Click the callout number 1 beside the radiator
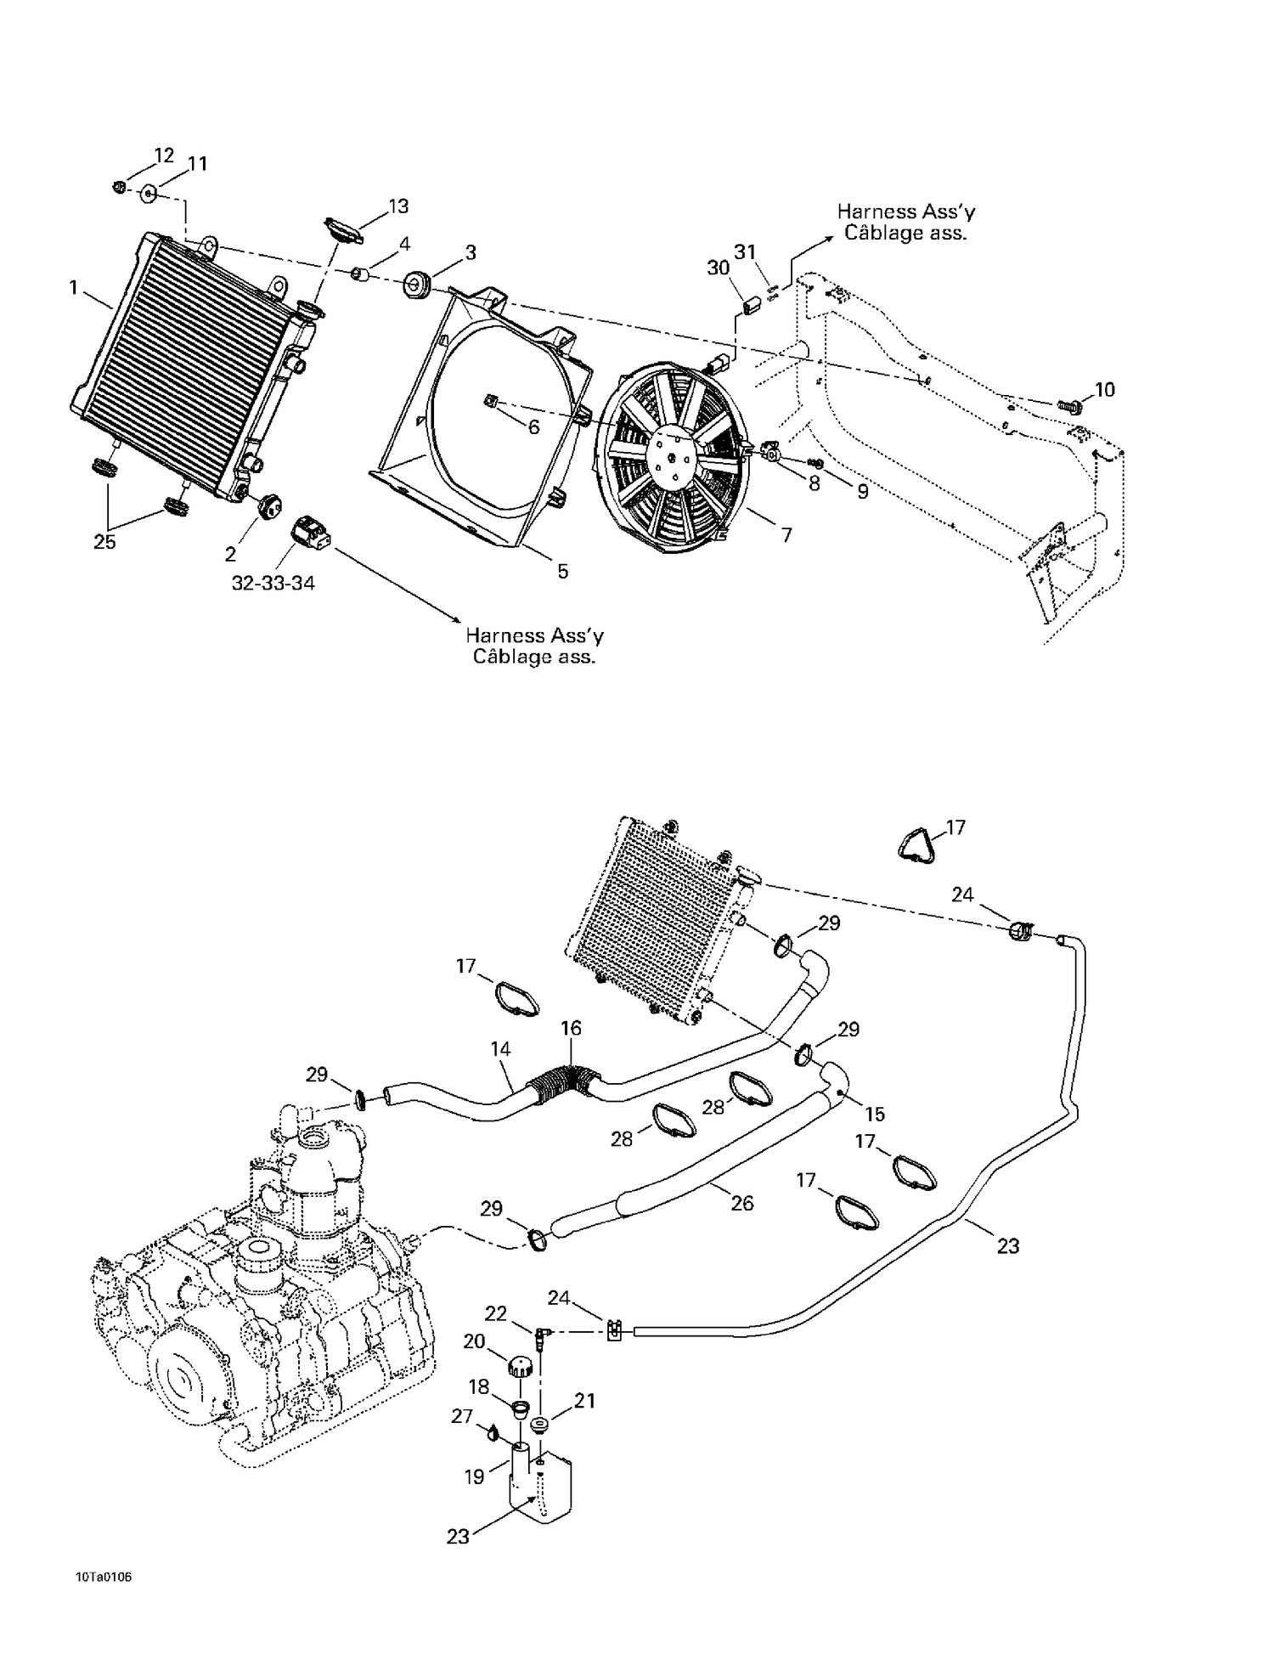tap(74, 288)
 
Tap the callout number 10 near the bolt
tap(1104, 390)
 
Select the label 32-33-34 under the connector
tap(273, 584)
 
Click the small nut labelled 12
tap(119, 187)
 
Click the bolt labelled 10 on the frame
tap(1071, 407)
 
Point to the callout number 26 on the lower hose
tap(741, 1203)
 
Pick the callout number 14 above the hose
tap(500, 1049)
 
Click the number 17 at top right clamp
tap(956, 827)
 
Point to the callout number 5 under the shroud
tap(562, 572)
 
